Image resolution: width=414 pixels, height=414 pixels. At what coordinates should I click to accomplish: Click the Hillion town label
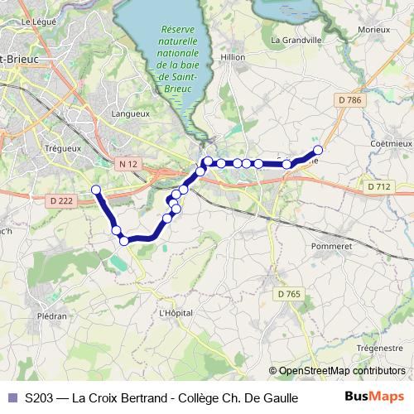pyautogui.click(x=234, y=57)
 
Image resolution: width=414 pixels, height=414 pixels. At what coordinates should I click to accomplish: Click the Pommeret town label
pyautogui.click(x=332, y=246)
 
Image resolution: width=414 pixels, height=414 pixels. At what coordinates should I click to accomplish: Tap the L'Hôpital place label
pyautogui.click(x=176, y=313)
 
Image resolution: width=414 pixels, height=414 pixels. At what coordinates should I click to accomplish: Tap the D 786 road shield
pyautogui.click(x=351, y=100)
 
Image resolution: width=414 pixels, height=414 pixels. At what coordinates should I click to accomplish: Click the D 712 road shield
pyautogui.click(x=378, y=187)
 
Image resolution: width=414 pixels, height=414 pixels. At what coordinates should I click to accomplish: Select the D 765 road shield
pyautogui.click(x=290, y=293)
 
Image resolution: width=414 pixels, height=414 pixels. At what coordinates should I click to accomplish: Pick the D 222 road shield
pyautogui.click(x=61, y=200)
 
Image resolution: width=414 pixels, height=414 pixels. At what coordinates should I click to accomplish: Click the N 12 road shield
pyautogui.click(x=128, y=164)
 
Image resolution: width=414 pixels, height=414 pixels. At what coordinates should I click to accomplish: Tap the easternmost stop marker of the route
pyautogui.click(x=317, y=150)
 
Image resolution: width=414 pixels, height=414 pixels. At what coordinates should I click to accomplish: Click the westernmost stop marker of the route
pyautogui.click(x=96, y=190)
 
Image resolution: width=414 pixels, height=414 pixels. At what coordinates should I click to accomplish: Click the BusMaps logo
pyautogui.click(x=375, y=397)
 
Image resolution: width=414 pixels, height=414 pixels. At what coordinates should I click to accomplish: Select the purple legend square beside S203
pyautogui.click(x=12, y=397)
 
